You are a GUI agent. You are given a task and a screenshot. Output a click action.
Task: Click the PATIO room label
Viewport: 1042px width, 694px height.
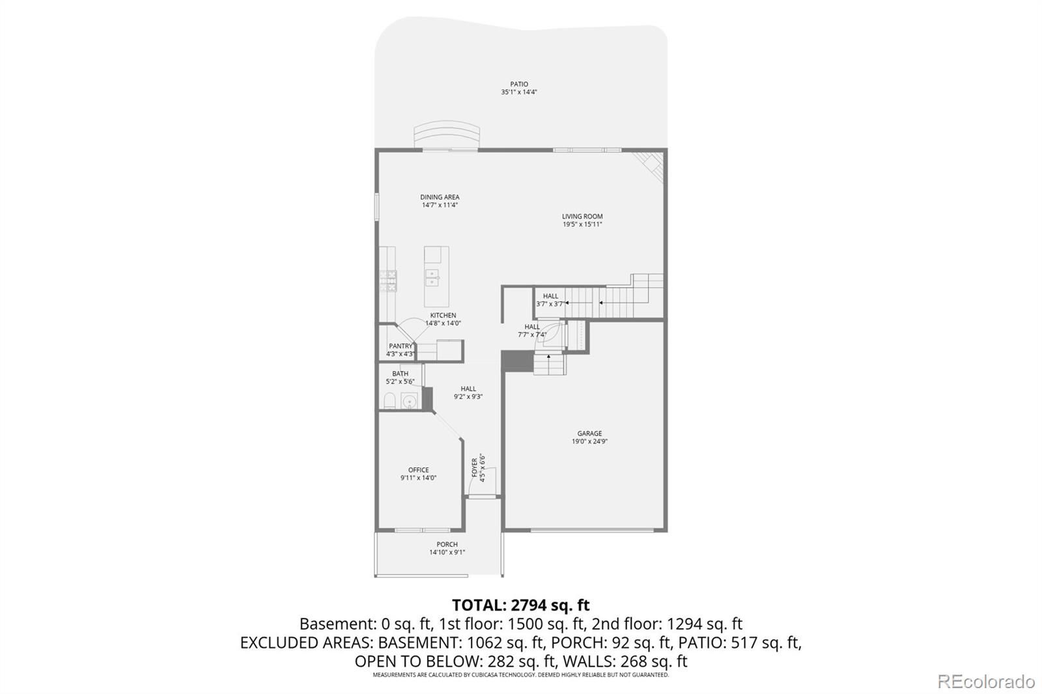coord(518,84)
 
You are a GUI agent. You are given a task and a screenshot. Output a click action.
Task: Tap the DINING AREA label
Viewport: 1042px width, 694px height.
coord(440,197)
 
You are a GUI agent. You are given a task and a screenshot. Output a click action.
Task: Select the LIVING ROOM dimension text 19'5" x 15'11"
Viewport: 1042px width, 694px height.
coord(582,224)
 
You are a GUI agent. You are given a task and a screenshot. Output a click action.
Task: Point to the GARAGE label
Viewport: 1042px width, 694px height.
coord(589,434)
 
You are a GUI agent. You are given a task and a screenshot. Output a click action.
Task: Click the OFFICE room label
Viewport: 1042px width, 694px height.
coord(418,470)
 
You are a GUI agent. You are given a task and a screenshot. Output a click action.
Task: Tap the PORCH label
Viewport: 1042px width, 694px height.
coord(447,544)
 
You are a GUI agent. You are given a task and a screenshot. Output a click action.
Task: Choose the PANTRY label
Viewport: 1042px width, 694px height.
coord(401,346)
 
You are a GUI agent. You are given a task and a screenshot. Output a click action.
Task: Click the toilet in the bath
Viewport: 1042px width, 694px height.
coord(389,400)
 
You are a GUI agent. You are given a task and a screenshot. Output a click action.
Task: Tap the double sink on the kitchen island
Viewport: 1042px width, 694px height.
coord(432,278)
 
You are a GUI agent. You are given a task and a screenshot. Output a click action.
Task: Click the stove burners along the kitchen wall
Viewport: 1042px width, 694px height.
coord(388,281)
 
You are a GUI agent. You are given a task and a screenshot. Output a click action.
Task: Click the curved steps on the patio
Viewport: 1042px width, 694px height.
coord(447,136)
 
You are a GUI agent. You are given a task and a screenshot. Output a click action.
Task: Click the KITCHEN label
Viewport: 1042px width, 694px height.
coord(443,315)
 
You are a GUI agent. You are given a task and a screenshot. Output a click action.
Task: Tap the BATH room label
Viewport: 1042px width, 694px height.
coord(400,374)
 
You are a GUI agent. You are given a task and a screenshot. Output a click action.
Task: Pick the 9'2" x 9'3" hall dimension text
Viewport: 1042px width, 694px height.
coord(468,396)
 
